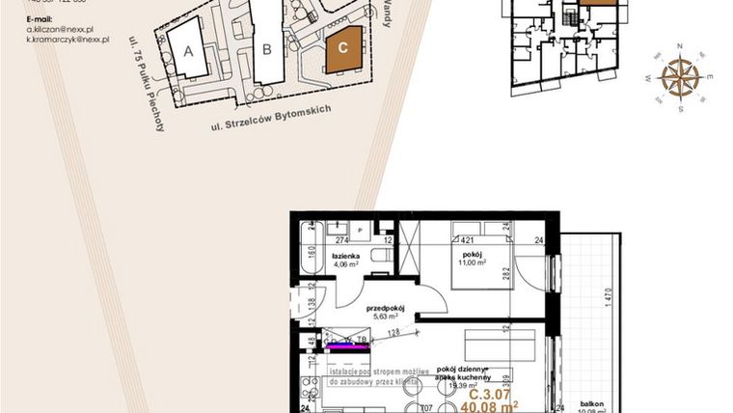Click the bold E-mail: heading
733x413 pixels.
point(42,19)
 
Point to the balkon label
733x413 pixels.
point(592,403)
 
